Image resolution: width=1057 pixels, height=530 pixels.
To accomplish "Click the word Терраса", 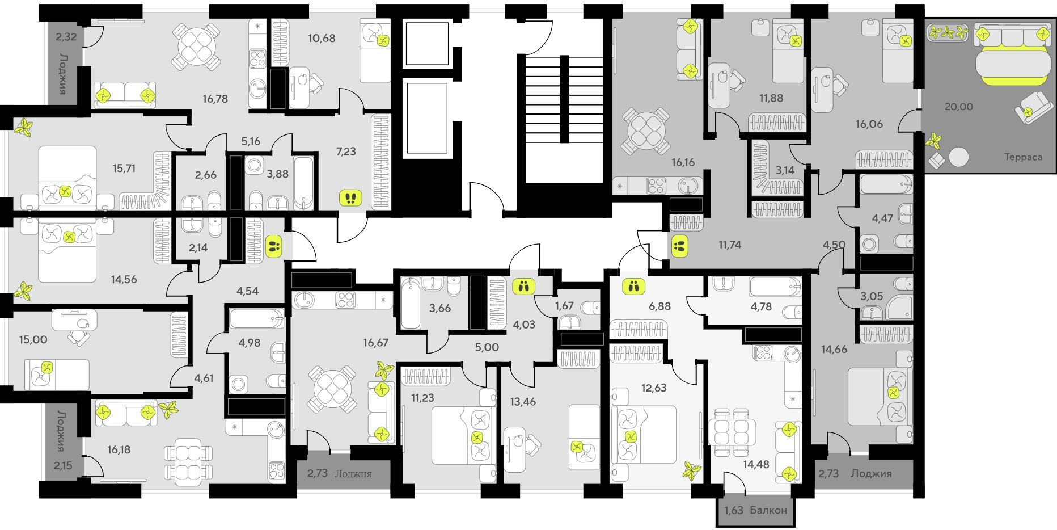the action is [1023, 157].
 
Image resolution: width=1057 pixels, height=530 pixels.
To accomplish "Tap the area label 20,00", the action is [958, 107].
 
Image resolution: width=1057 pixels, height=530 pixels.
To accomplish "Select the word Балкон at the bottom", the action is [768, 510].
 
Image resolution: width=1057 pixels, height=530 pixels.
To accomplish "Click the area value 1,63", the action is [733, 510].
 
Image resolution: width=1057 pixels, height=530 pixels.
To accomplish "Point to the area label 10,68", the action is [322, 39].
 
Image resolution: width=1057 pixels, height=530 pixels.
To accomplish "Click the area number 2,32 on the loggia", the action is [66, 37].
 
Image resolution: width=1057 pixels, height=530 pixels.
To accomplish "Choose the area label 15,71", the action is [124, 169].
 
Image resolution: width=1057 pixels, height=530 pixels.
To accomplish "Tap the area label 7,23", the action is [346, 152].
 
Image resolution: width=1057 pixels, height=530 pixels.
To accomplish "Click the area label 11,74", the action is [730, 245].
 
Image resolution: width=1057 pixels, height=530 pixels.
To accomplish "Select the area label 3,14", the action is [785, 170].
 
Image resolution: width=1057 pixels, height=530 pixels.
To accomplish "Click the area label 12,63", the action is [654, 388].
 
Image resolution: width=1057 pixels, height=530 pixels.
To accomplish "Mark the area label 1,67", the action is [564, 306].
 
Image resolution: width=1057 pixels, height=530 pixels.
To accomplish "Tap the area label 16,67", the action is [376, 343].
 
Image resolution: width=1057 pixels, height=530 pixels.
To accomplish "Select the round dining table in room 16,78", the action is [196, 46].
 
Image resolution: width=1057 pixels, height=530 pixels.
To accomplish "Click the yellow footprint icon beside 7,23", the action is [350, 198].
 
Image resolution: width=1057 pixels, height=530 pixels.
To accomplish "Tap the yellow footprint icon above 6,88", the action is [633, 286].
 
